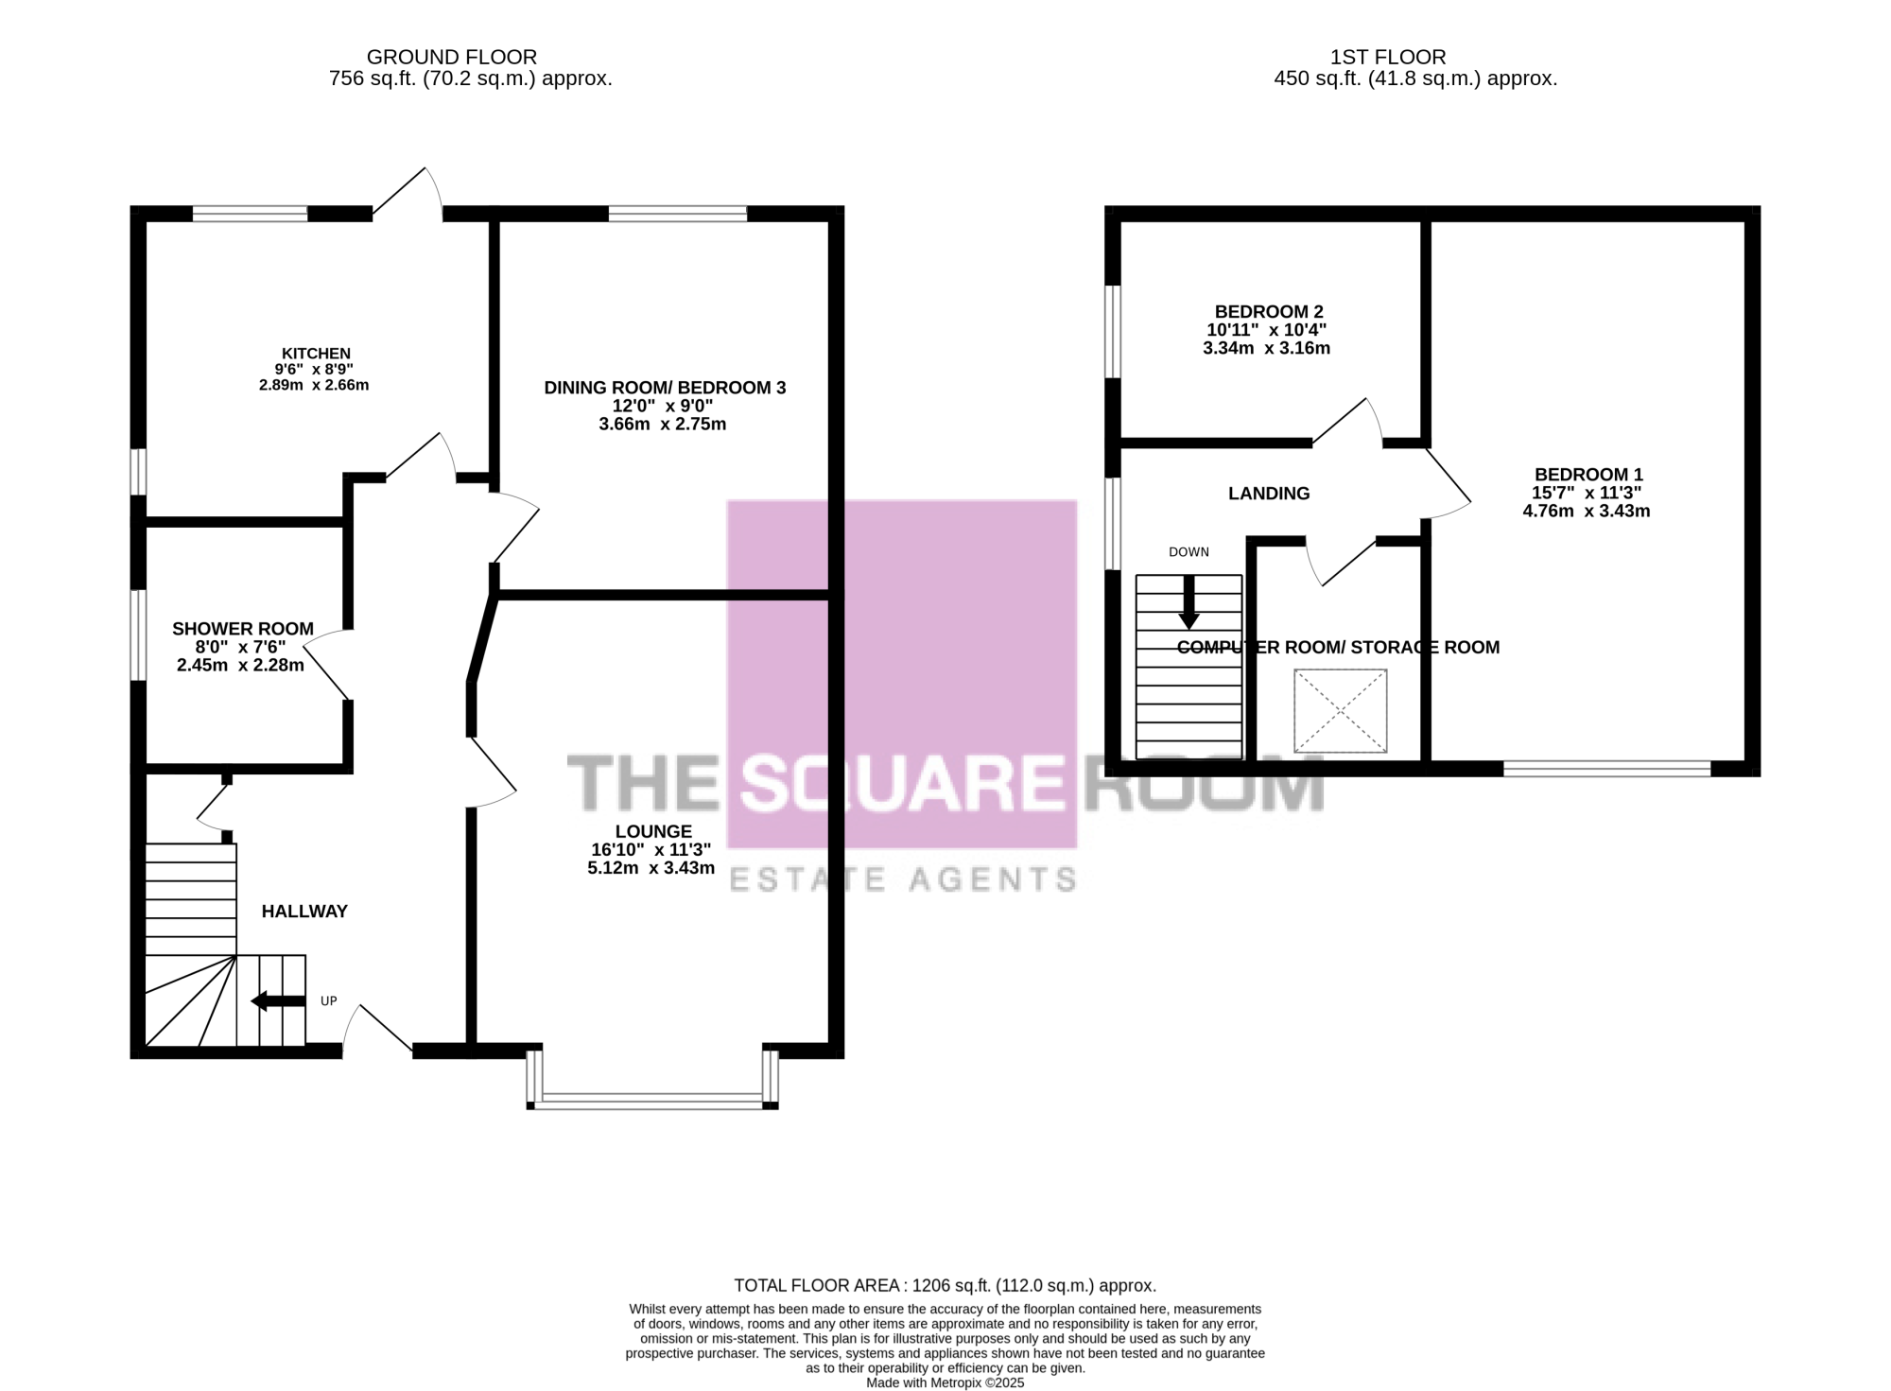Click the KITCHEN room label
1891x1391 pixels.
pos(316,354)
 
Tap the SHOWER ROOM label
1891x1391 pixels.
pos(243,629)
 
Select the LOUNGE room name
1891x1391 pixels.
pos(653,831)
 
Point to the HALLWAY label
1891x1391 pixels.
pos(304,912)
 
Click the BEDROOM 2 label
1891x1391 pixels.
pos(1269,312)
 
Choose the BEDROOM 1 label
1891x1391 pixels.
pos(1588,475)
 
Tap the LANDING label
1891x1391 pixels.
pos(1269,494)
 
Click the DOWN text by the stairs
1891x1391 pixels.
pos(1188,552)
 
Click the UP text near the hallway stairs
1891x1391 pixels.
pos(328,1000)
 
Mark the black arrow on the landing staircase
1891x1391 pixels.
pos(1188,602)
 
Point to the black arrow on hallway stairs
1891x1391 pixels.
pos(278,1000)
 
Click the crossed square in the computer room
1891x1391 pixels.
pos(1340,711)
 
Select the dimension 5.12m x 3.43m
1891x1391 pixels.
pos(651,868)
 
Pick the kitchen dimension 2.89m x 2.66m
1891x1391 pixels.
pos(314,385)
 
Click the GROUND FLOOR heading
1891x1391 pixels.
pos(452,58)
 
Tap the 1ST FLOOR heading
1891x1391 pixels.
pos(1388,58)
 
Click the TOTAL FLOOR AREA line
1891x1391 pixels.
pos(945,1286)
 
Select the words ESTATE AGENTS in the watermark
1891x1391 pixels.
pos(903,880)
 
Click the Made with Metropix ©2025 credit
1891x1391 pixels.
pos(945,1382)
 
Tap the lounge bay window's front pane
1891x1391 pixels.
pos(652,1099)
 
